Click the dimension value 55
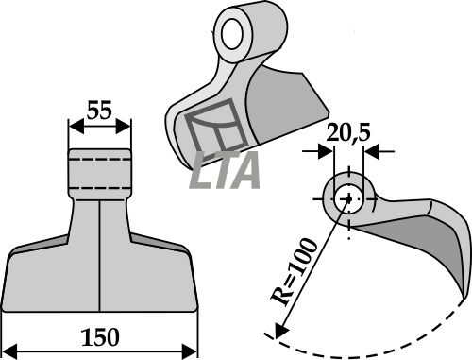tap(99, 111)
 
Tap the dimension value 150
tap(100, 337)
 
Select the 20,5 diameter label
tap(348, 133)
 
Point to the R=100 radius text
tap(295, 272)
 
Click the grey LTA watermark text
tap(226, 170)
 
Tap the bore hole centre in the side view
tap(348, 199)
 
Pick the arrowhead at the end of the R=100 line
tap(280, 331)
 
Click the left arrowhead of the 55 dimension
tap(76, 127)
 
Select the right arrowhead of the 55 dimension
tap(123, 127)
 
